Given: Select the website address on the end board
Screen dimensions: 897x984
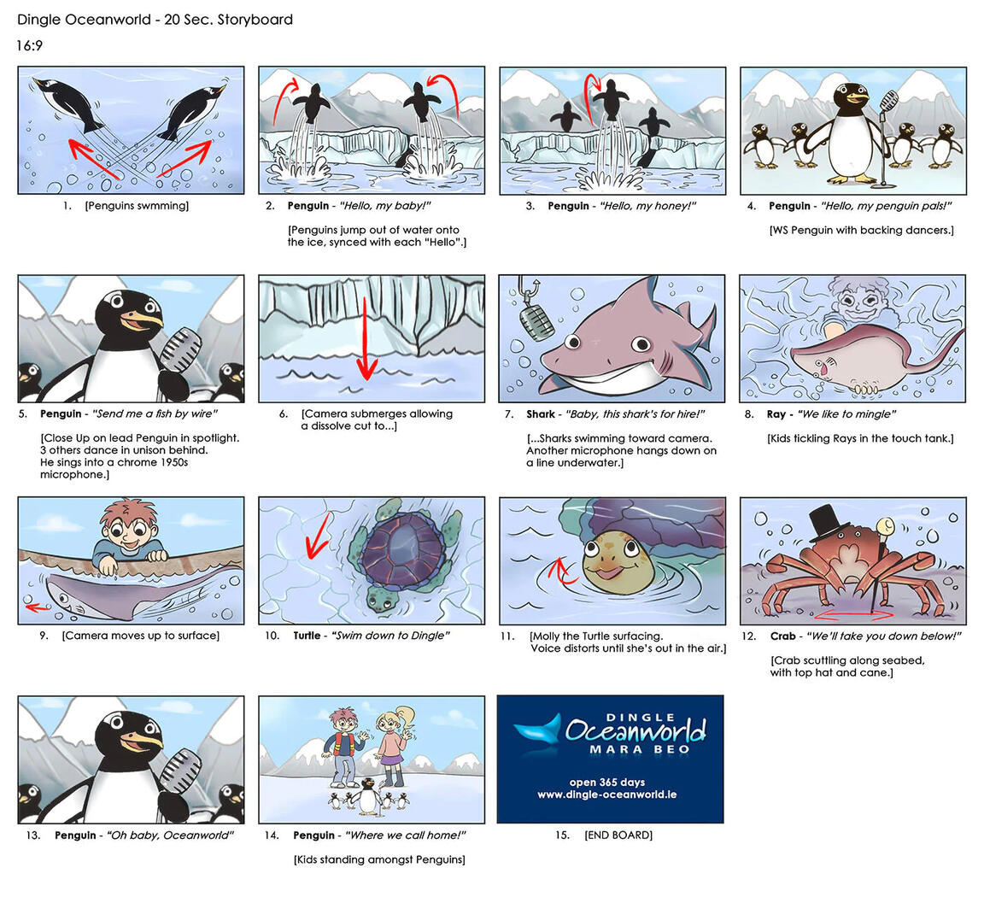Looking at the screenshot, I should pos(606,794).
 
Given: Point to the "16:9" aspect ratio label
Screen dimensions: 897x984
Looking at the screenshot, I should pos(29,46).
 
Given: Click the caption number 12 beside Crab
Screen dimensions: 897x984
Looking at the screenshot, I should pos(748,636).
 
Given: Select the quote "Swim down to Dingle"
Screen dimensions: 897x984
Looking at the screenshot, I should pos(390,636).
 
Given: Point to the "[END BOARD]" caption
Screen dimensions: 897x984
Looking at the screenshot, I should pos(618,835).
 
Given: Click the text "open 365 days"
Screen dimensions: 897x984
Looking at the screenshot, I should pos(607,782).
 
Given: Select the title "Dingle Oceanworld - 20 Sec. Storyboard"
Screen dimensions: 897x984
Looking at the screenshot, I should pos(155,19).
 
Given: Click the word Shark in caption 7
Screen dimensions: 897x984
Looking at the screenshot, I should pos(541,414).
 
